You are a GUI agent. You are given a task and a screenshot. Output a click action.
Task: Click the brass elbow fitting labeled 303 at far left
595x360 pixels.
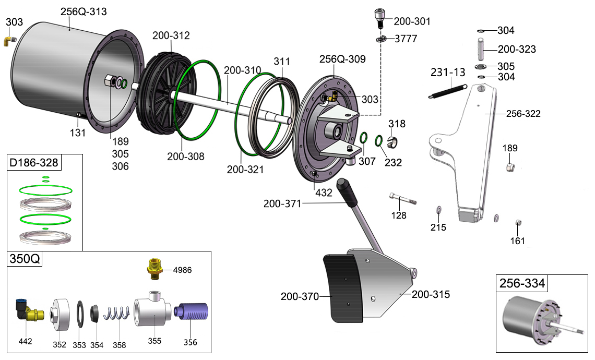(10, 39)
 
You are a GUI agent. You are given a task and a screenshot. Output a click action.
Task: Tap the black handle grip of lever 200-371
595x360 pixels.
(346, 190)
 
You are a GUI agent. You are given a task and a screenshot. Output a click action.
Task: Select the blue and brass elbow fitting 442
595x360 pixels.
(27, 312)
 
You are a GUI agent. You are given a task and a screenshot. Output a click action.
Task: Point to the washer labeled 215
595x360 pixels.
(438, 210)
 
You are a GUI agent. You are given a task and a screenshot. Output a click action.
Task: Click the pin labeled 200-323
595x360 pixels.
(481, 49)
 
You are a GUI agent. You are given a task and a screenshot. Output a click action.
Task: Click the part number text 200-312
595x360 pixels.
(171, 36)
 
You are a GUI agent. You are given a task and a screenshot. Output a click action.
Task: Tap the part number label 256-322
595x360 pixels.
(523, 114)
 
